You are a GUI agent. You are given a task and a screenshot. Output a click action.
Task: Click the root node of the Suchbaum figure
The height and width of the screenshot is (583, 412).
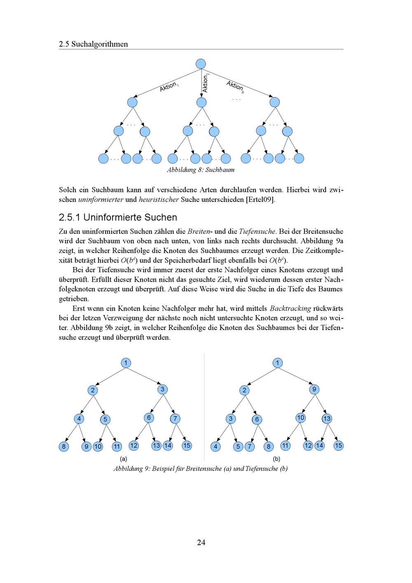(x=201, y=64)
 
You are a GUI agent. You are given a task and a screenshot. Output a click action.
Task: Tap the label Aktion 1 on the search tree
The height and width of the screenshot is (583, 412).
(x=169, y=87)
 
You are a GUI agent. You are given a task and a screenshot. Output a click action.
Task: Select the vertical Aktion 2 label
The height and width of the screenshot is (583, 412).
(x=206, y=82)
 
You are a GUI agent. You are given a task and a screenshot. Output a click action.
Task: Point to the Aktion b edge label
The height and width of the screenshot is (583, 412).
(x=235, y=87)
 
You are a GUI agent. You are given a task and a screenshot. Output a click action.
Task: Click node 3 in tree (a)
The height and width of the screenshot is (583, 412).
(x=163, y=389)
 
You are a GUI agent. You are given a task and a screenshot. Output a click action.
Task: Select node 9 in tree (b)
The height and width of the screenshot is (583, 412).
(x=314, y=389)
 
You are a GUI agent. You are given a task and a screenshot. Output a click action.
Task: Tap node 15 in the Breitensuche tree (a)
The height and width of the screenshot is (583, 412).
(x=187, y=445)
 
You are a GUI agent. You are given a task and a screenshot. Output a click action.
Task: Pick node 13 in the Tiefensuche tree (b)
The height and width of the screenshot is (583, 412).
(x=327, y=419)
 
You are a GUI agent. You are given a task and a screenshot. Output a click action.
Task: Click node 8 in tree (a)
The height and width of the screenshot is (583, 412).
(x=63, y=446)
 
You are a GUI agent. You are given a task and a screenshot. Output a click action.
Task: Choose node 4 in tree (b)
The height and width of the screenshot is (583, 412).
(x=215, y=446)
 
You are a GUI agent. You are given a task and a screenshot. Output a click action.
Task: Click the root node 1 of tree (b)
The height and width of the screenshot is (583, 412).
(x=278, y=363)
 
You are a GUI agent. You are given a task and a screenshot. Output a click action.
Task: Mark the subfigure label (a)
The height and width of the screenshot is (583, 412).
(x=123, y=459)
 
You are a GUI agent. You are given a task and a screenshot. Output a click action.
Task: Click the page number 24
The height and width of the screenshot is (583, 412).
(x=201, y=542)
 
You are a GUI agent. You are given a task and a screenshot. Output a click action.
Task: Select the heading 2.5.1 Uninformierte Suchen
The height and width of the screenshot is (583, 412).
(x=118, y=217)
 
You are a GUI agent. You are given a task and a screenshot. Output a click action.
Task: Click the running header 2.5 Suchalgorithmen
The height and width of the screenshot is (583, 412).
(x=93, y=44)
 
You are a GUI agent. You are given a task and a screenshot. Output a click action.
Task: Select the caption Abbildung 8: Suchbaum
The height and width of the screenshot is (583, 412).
(x=201, y=170)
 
